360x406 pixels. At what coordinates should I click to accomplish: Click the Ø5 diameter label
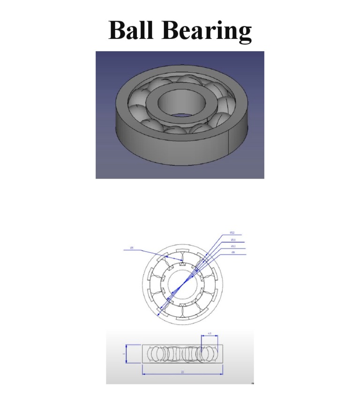tap(132, 248)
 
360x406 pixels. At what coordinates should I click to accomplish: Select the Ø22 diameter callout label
tap(232, 233)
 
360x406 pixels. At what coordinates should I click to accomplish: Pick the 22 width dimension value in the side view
tap(182, 372)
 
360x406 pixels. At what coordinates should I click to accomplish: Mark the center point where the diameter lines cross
tap(183, 284)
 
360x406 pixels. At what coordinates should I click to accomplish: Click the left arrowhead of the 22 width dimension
tap(143, 374)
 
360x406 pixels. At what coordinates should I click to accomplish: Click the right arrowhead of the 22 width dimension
tap(222, 374)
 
